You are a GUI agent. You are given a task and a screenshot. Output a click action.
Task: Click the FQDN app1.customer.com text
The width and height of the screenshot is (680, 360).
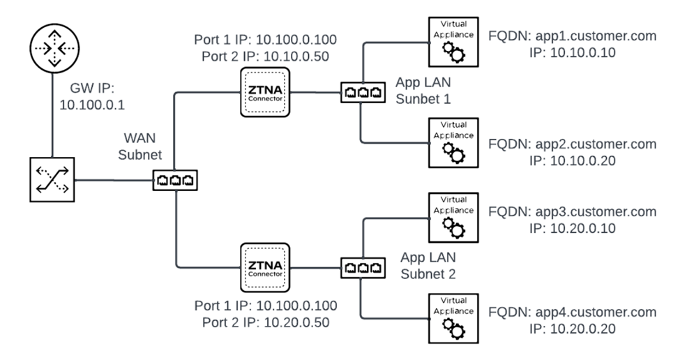click(x=572, y=37)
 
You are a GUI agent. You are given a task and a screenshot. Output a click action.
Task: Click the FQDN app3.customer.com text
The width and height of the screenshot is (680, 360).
click(x=572, y=211)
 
